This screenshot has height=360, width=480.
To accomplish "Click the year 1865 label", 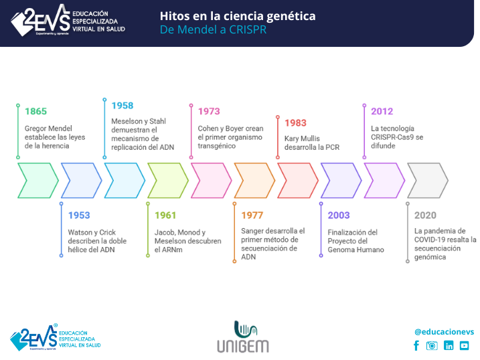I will (x=36, y=112).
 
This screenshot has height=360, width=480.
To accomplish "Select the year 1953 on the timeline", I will (x=79, y=215).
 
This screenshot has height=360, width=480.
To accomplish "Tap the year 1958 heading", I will (x=123, y=106).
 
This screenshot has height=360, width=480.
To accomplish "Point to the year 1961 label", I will (x=165, y=215).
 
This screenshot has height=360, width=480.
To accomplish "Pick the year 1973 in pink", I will (x=209, y=112).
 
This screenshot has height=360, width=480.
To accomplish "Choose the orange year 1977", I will (x=252, y=215).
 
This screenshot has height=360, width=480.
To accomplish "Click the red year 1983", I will (x=295, y=123).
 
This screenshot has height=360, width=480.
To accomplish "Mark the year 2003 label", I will (x=339, y=215).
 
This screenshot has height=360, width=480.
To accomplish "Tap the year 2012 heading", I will (x=382, y=112).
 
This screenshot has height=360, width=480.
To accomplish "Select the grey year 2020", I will (x=425, y=215).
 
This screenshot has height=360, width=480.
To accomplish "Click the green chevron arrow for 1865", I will (x=37, y=181).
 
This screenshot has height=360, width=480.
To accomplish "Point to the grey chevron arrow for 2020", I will (x=428, y=181).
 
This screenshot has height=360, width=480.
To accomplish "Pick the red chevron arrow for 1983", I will (x=298, y=181).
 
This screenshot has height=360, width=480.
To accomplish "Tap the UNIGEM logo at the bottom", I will (x=242, y=337).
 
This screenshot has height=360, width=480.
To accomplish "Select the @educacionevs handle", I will (x=444, y=331).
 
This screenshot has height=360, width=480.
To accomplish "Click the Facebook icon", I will (x=416, y=346).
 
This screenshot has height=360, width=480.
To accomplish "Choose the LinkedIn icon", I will (x=449, y=346).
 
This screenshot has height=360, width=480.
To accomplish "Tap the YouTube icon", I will (x=464, y=346).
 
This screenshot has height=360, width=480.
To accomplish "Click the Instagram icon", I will (x=432, y=346).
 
